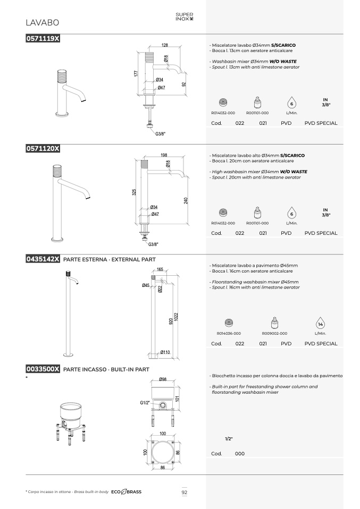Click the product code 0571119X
[43, 38]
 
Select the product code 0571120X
[43, 148]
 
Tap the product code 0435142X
[43, 259]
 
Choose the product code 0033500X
[43, 369]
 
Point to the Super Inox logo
[184, 16]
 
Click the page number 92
[184, 492]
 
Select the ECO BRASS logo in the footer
[126, 492]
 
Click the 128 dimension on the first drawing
[165, 45]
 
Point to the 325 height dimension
[134, 192]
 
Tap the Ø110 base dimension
[165, 352]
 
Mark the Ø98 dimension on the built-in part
[163, 379]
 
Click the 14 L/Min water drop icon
[320, 324]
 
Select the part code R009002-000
[274, 333]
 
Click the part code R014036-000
[229, 333]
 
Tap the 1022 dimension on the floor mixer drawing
[176, 317]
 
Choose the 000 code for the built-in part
[240, 454]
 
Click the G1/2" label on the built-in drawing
[145, 403]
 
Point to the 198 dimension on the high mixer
[164, 155]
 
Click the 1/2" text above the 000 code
[229, 439]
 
